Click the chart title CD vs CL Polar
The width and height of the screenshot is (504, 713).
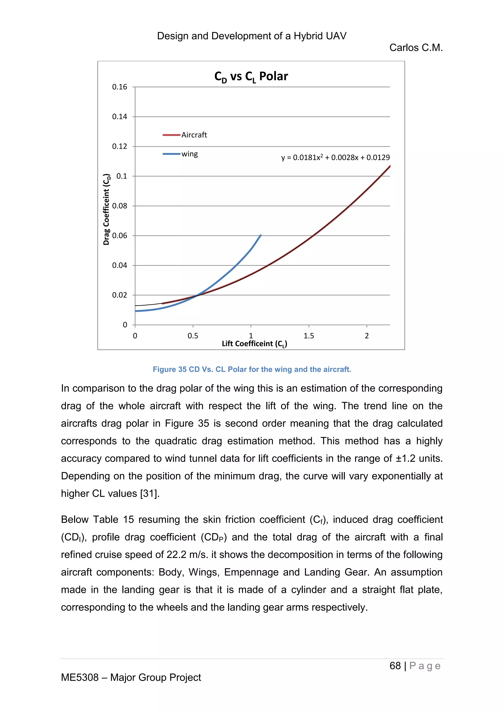pos(251,76)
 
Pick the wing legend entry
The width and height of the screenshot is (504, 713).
pos(189,154)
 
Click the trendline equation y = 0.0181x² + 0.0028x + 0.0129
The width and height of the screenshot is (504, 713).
pos(335,157)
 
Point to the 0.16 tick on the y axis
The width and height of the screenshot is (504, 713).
pos(120,87)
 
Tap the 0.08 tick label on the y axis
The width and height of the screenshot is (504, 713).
pos(120,206)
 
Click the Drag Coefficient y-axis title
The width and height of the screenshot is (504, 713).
pos(107,209)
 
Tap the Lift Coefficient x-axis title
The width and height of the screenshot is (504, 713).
pos(254,344)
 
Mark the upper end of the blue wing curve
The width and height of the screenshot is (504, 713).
pos(260,235)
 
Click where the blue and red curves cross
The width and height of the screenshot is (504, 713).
pos(196,295)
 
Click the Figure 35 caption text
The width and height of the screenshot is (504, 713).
pos(252,369)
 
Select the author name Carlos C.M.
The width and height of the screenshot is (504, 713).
pos(416,48)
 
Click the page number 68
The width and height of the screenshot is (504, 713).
pos(395,666)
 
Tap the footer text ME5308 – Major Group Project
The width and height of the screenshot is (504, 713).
pos(131,677)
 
